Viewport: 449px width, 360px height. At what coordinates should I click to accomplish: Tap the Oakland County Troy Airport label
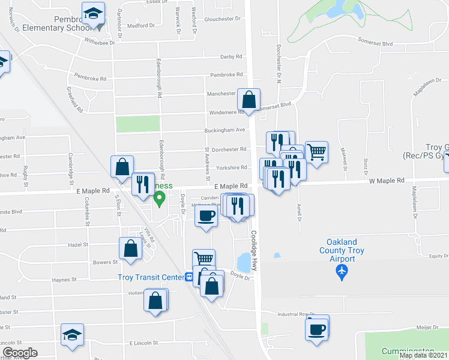point(342,251)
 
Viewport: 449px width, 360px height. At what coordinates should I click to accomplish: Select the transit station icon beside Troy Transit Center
point(188,277)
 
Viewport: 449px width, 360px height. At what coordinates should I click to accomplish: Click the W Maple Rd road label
point(387,180)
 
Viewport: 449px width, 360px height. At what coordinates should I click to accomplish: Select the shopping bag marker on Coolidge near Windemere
point(249,100)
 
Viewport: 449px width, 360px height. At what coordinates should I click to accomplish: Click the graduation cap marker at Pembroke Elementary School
point(93,14)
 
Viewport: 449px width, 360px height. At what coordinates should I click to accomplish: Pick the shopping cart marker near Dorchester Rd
point(316,151)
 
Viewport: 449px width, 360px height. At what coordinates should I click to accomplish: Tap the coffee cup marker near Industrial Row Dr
point(316,328)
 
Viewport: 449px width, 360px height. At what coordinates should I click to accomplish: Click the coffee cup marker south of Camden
point(206,216)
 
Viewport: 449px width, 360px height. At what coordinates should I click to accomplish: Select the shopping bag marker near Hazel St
point(130,248)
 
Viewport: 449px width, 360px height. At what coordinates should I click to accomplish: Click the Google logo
point(20,352)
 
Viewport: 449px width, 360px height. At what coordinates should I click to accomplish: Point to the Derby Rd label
point(231,56)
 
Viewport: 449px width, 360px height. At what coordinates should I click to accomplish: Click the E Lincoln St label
point(143,343)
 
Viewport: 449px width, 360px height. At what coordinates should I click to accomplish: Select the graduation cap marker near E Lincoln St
point(72,334)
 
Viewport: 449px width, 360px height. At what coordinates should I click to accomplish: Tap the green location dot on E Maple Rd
point(159,201)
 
